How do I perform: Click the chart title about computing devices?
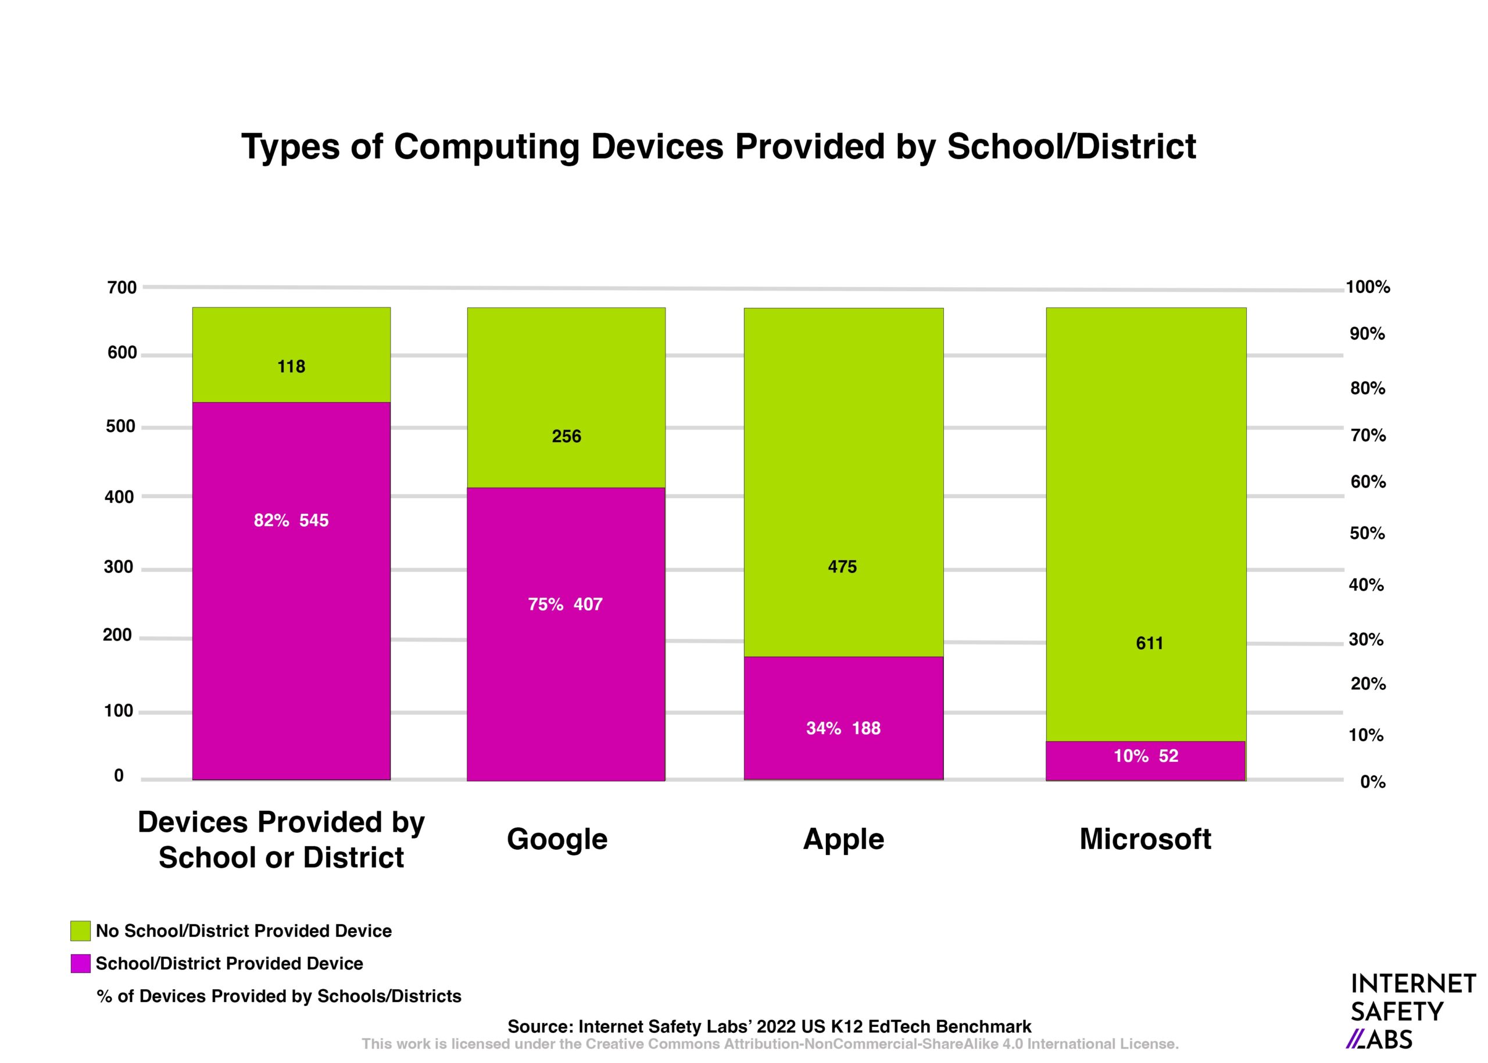[x=718, y=146]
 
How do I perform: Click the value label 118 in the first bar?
[x=291, y=367]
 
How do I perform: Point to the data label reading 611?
[x=1149, y=643]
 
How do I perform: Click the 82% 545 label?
[x=291, y=520]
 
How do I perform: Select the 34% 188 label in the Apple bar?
[x=843, y=728]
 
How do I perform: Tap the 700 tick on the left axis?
[x=121, y=287]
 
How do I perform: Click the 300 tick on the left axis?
[x=119, y=567]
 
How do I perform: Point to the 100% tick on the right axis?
[x=1368, y=287]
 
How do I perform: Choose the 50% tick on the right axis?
[x=1367, y=534]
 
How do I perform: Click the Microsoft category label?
[x=1145, y=839]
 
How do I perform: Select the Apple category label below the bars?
[x=843, y=839]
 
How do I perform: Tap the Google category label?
[x=557, y=839]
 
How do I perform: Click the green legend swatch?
[x=81, y=931]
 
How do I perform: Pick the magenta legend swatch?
[x=81, y=964]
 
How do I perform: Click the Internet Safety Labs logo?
[x=1412, y=1011]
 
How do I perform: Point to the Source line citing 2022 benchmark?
[x=769, y=1026]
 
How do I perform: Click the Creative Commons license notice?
[x=770, y=1044]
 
